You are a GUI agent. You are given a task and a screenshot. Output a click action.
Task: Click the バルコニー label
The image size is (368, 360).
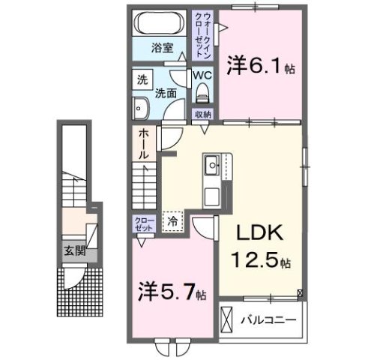(x=268, y=319)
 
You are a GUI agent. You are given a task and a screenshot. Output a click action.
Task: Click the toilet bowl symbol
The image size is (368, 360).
(x=201, y=92)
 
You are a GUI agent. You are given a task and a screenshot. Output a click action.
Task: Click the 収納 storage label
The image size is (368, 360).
(x=202, y=114)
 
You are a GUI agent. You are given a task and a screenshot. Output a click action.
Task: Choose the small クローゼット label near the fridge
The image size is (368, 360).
(x=142, y=224)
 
